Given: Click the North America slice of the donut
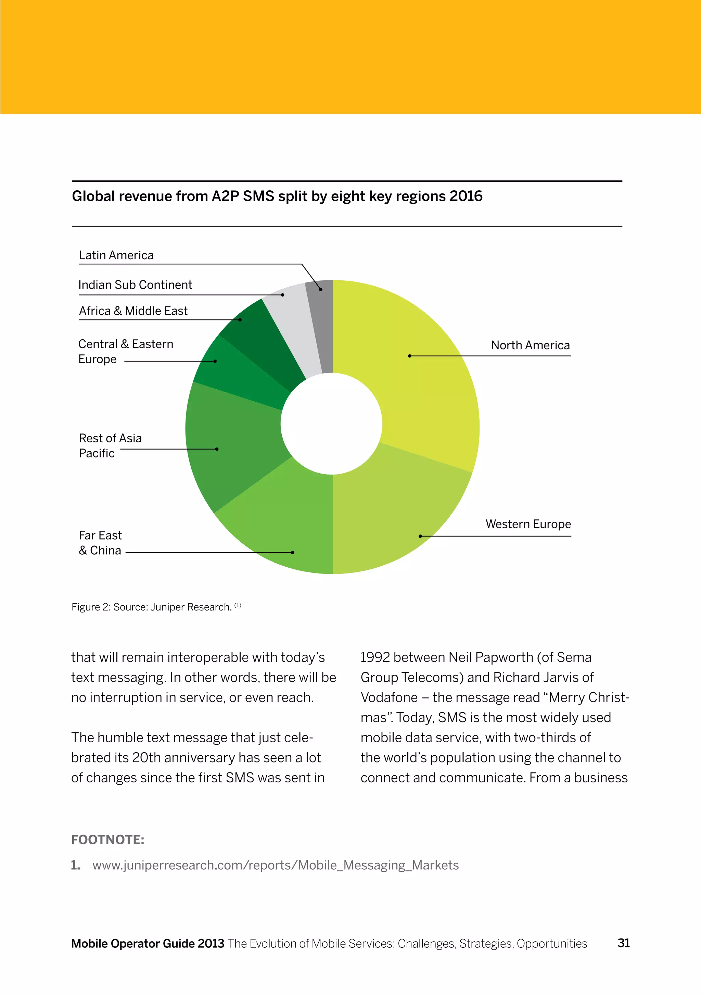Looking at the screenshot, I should click(x=416, y=368).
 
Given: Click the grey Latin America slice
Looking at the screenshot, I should click(x=323, y=321).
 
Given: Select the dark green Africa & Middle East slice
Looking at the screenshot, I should click(x=264, y=338).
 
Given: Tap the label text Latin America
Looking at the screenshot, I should click(x=116, y=255).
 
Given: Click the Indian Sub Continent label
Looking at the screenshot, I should click(x=135, y=285).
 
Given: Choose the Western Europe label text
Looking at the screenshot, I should click(x=528, y=524).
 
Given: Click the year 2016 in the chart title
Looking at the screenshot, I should click(x=466, y=196).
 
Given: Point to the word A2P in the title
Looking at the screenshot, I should click(x=225, y=196).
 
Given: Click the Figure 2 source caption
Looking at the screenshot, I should click(x=156, y=607).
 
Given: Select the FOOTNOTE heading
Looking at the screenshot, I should click(x=107, y=840).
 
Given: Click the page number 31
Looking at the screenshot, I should click(x=623, y=943).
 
